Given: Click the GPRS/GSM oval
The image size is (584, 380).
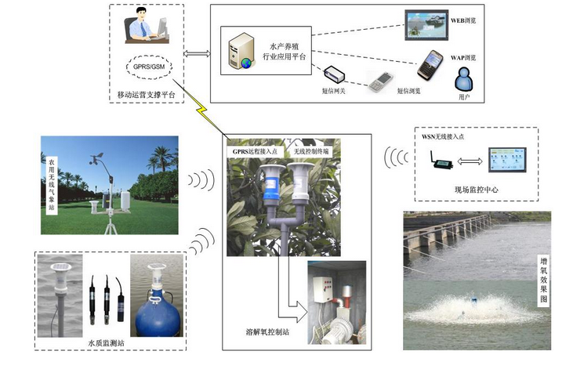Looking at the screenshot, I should pyautogui.click(x=149, y=66).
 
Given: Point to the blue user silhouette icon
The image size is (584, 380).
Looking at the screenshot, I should pyautogui.click(x=463, y=78).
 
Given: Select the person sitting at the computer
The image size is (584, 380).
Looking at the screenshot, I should pyautogui.click(x=143, y=27).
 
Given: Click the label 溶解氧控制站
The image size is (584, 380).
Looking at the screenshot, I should pyautogui.click(x=265, y=331).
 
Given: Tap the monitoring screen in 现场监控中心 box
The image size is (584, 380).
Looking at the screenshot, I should pyautogui.click(x=509, y=161).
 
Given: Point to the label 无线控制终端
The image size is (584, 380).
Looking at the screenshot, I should pyautogui.click(x=311, y=150).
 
